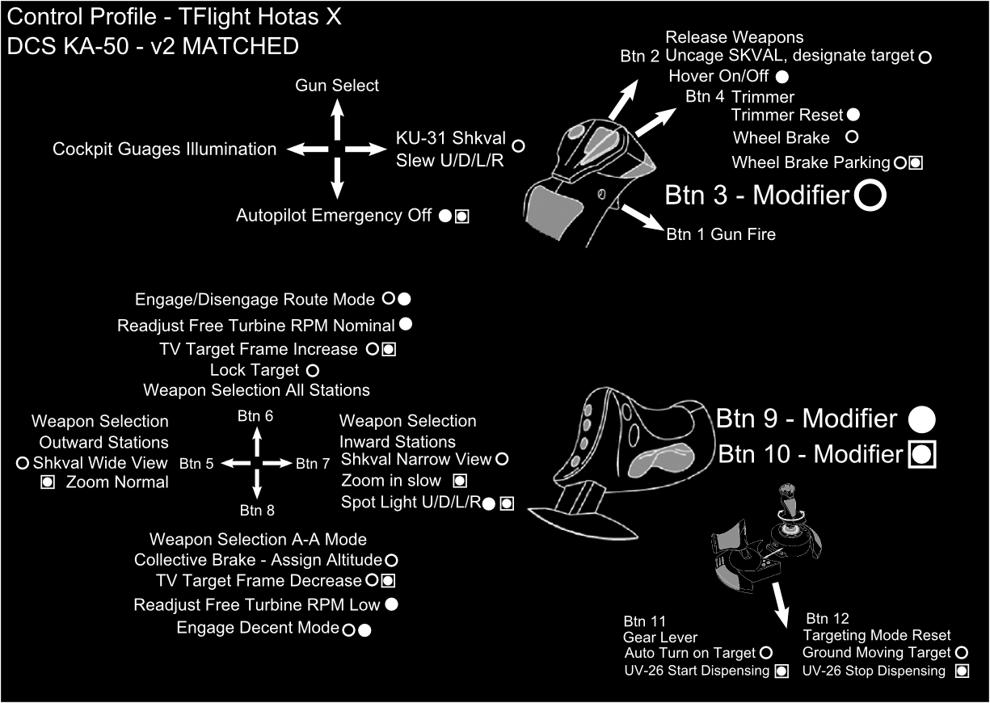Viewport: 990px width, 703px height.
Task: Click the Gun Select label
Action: point(337,85)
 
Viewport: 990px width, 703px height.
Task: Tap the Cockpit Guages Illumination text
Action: point(165,149)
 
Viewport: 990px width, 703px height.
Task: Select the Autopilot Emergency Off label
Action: point(334,216)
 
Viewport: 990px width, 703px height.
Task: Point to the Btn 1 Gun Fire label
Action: point(721,234)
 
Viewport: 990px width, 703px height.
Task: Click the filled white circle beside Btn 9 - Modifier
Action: point(922,419)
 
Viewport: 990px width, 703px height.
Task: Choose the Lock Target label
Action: point(254,370)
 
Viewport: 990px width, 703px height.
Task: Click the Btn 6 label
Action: point(255,415)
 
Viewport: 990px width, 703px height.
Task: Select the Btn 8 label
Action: point(258,510)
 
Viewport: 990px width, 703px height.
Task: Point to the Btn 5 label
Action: point(196,464)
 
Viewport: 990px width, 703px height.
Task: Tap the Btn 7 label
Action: point(313,464)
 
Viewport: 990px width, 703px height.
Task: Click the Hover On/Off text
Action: point(719,76)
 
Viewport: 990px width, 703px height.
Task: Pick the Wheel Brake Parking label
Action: point(811,162)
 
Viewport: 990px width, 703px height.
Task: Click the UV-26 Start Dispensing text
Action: point(697,671)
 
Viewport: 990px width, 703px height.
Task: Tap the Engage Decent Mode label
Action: point(257,628)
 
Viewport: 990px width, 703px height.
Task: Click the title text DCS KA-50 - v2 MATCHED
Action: point(153,46)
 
